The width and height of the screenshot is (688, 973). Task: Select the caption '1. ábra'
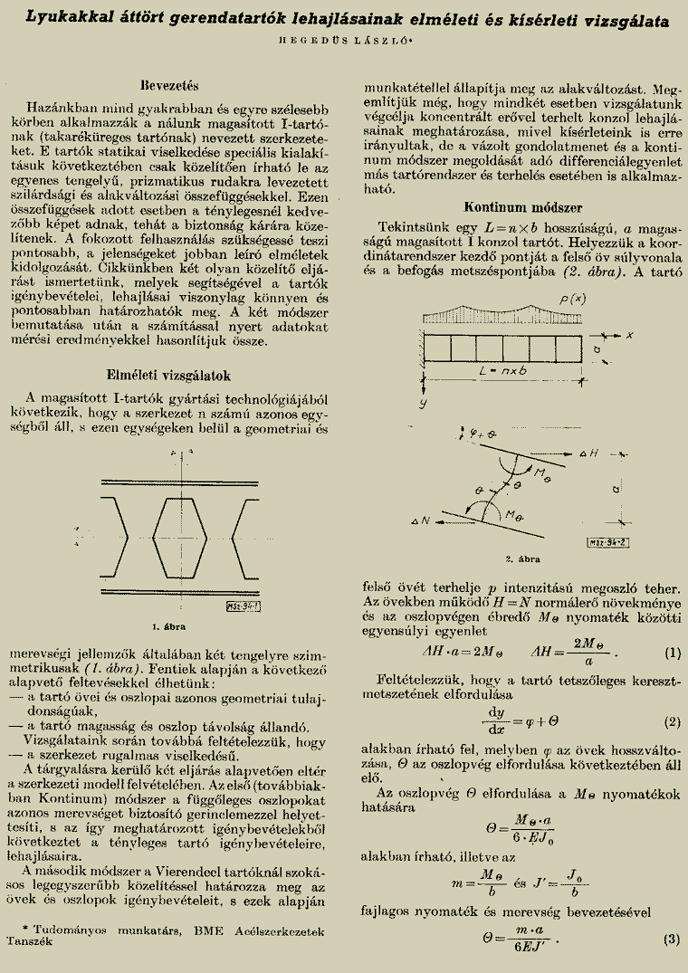(169, 625)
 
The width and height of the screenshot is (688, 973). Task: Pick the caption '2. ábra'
(522, 559)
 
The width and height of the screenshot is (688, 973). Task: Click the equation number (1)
(671, 653)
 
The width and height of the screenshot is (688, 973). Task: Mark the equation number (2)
(671, 722)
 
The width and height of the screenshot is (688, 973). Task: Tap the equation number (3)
(671, 940)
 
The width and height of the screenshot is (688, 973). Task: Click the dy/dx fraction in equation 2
(495, 721)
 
